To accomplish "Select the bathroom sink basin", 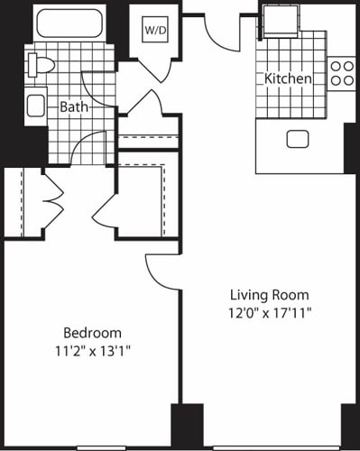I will click(36, 106).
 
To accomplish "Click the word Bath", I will click(74, 107).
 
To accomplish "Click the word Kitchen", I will click(288, 79).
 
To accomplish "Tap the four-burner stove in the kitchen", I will click(342, 72).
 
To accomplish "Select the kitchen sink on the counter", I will click(298, 138).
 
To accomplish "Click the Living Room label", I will click(269, 295).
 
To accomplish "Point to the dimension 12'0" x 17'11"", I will click(269, 313).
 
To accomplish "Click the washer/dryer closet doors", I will click(153, 68).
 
